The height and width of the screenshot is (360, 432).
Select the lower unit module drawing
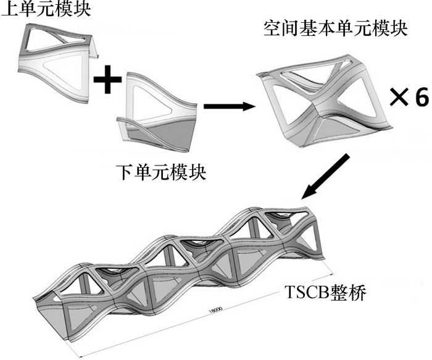point(157,115)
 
